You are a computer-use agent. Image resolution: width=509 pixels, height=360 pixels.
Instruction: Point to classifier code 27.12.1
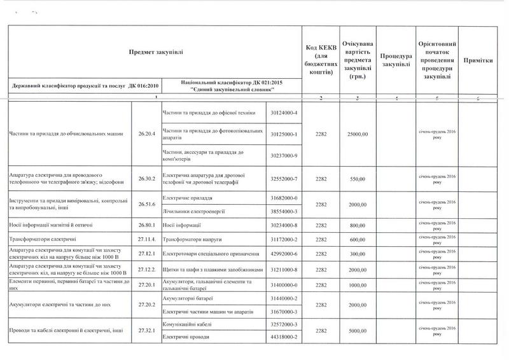click(146, 253)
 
